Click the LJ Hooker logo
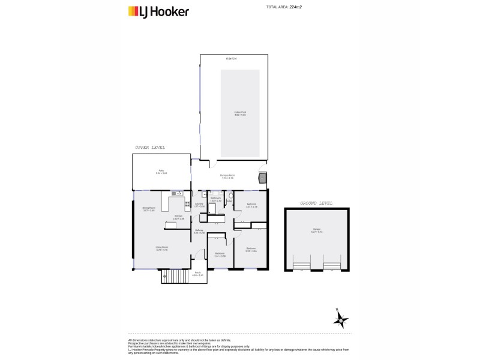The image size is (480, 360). (x=159, y=11)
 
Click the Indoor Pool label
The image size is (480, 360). (x=240, y=112)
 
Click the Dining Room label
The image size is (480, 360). (x=148, y=209)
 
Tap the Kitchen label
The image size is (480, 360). (x=178, y=218)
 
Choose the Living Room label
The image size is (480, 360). (x=162, y=248)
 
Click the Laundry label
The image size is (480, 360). (x=199, y=205)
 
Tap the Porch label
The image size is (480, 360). (x=197, y=274)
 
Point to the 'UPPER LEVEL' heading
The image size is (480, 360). (x=150, y=147)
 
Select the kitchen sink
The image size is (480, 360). (x=178, y=194)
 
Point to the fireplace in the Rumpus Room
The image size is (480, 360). (x=262, y=178)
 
